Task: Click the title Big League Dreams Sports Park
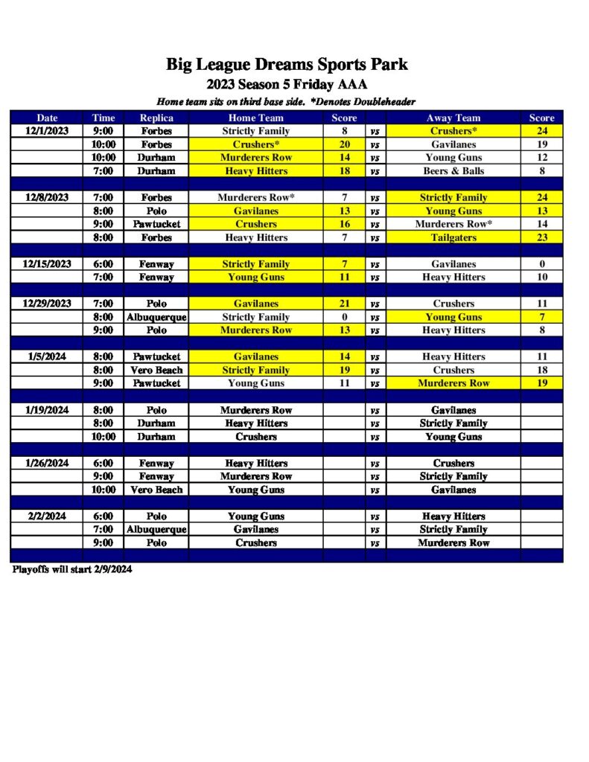point(287,64)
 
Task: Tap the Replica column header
point(156,118)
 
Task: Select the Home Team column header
point(255,118)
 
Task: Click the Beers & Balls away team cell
point(453,171)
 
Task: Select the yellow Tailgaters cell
point(453,237)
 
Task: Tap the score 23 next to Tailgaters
point(541,237)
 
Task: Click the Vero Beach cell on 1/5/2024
point(156,370)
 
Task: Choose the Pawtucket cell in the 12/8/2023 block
point(156,224)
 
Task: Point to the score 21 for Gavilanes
point(345,304)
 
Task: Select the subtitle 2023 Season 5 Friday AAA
point(287,84)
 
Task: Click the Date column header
point(47,118)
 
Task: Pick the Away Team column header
point(453,118)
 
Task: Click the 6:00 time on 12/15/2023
point(104,264)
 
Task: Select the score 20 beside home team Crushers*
point(345,144)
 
